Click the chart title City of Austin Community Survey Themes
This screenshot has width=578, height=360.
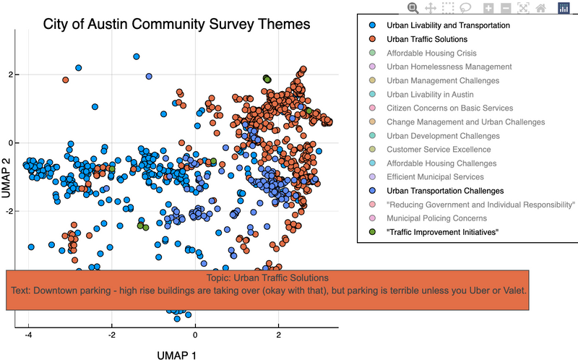click(x=176, y=24)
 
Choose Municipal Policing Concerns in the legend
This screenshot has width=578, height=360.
click(x=436, y=218)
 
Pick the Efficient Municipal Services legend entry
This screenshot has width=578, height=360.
click(x=435, y=177)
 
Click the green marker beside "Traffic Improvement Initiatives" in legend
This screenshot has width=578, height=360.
click(x=371, y=232)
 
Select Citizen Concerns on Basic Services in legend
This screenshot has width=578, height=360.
click(x=450, y=108)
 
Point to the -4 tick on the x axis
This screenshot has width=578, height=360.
click(x=28, y=336)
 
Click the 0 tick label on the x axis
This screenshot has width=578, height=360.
click(x=195, y=336)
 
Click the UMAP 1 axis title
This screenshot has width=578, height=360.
click(x=176, y=354)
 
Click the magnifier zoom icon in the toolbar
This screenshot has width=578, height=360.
click(x=413, y=7)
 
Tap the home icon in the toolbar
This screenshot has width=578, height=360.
click(x=539, y=7)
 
